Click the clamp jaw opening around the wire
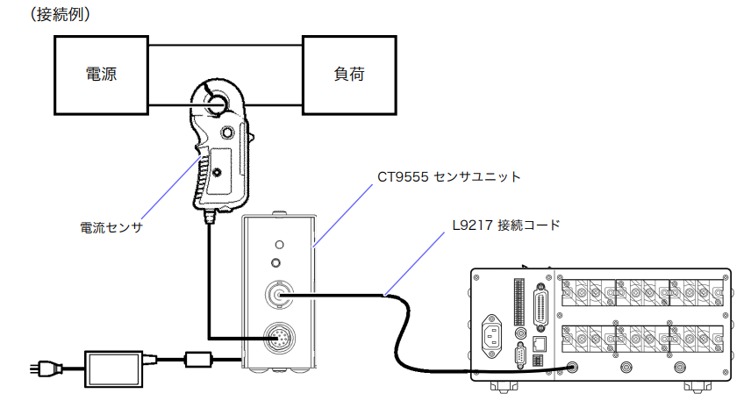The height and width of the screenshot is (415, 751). (x=216, y=101)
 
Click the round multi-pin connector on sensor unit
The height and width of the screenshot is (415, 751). (x=280, y=337)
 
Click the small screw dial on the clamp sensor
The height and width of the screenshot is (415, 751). (x=228, y=132)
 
